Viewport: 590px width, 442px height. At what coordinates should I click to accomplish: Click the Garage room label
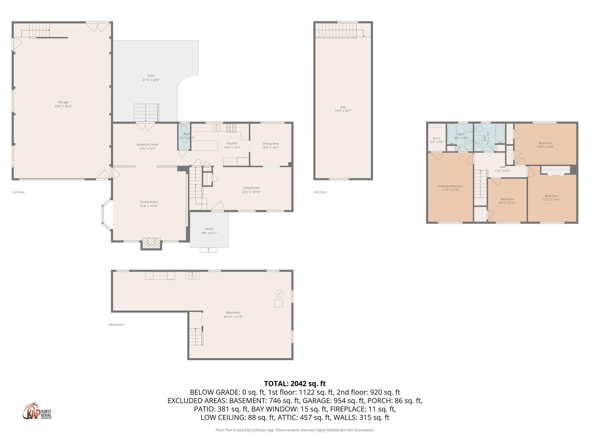(63, 102)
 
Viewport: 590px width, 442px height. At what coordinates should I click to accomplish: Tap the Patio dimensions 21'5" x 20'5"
(151, 80)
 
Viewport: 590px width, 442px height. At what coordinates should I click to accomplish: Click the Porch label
(209, 229)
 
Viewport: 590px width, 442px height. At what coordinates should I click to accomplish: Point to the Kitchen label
(232, 143)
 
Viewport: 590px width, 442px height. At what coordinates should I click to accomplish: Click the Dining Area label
(270, 144)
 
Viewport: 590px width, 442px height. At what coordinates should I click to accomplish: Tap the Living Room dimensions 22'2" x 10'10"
(251, 192)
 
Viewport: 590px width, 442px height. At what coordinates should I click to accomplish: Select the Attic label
(343, 107)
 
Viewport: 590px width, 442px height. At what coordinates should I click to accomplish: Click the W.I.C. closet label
(436, 138)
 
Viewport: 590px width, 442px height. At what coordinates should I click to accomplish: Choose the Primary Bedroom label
(450, 186)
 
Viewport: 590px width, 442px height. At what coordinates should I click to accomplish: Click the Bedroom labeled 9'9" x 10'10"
(507, 199)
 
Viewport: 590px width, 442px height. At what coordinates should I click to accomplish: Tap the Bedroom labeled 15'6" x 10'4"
(545, 143)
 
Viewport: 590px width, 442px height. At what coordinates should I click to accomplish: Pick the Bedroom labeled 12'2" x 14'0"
(551, 196)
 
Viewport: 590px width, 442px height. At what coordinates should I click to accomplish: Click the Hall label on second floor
(502, 167)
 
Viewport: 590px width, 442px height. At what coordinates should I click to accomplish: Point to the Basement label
(233, 313)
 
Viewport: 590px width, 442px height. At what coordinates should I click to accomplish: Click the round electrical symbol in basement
(279, 294)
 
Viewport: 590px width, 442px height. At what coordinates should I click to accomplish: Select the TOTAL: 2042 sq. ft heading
(295, 384)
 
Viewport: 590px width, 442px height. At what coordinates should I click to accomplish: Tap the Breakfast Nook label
(147, 145)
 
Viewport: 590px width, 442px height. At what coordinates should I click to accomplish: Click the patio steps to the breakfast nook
(146, 113)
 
